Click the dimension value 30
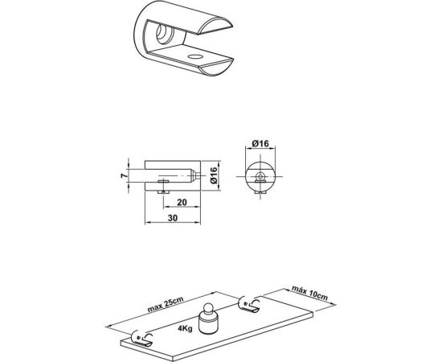[173, 218]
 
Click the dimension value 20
[182, 202]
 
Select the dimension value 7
[124, 175]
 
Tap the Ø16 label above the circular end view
[260, 144]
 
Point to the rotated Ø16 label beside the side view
[214, 175]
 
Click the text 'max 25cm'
[166, 304]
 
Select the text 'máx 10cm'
[309, 293]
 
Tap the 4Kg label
[185, 328]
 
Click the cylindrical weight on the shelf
[208, 324]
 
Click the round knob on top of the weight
[210, 308]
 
